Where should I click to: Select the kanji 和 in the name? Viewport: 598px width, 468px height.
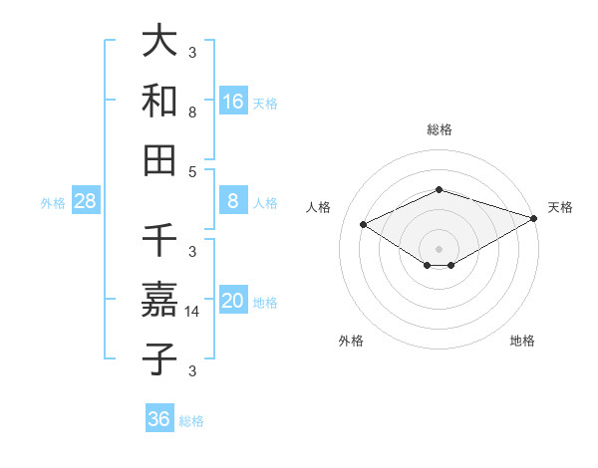pos(159,100)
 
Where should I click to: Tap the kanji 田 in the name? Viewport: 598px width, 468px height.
pos(159,158)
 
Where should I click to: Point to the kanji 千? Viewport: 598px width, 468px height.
pos(159,241)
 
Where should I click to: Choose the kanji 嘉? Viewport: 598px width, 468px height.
pos(159,300)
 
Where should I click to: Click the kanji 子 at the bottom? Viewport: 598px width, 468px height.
pos(159,357)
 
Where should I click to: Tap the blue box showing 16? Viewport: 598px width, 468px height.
pos(233,101)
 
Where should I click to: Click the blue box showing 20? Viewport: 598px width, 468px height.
pos(233,301)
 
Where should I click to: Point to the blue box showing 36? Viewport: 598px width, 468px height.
pos(159,419)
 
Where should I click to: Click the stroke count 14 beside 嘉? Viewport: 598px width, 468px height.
pos(192,312)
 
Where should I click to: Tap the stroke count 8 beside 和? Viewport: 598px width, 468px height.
pos(192,113)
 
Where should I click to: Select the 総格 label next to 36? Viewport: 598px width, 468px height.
pos(191,421)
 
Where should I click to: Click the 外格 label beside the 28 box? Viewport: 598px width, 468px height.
pos(53,203)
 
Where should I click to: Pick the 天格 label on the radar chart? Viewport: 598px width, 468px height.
pos(560,207)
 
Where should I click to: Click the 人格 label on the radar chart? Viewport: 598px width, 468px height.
pos(319,207)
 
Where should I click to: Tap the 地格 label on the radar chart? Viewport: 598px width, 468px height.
pos(522,342)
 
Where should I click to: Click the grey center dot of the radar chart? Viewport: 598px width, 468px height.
pos(439,248)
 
